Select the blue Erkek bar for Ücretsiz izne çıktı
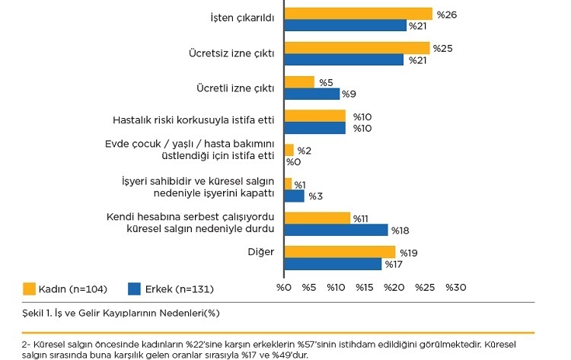point(343,60)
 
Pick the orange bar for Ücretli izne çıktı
point(298,82)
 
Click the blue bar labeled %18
point(336,230)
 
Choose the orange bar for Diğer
point(340,252)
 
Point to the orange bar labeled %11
point(317,218)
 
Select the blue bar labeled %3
point(294,196)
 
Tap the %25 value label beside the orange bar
point(442,49)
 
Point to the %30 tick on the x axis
point(455,288)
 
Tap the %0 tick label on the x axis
point(283,288)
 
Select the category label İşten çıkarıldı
point(241,17)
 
